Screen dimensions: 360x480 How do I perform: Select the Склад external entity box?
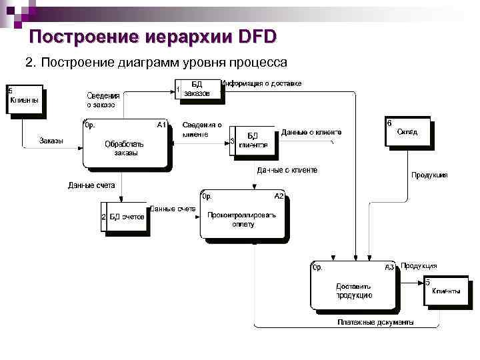tap(407, 133)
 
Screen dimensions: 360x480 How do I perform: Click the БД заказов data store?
tap(198, 90)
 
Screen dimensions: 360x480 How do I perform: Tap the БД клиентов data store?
tap(252, 141)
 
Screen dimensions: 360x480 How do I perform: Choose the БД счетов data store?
tap(123, 217)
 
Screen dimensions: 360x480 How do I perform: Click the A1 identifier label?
tap(161, 125)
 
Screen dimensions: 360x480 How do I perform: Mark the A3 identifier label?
tap(389, 267)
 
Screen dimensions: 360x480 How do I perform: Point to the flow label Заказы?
tap(51, 140)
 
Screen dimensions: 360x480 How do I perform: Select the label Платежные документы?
tap(375, 322)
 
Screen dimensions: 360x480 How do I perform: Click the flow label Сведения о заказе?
tap(101, 100)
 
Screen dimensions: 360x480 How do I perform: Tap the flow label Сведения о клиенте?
tap(202, 129)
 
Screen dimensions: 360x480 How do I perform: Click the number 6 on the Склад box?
tap(389, 123)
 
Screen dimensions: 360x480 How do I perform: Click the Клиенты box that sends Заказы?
tap(25, 101)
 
